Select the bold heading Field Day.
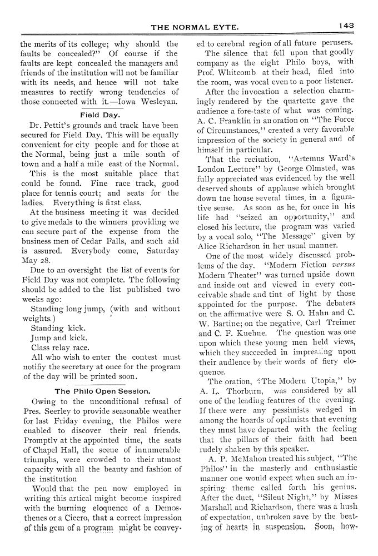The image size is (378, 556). pyautogui.click(x=98, y=115)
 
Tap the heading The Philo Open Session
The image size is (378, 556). pyautogui.click(x=102, y=391)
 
